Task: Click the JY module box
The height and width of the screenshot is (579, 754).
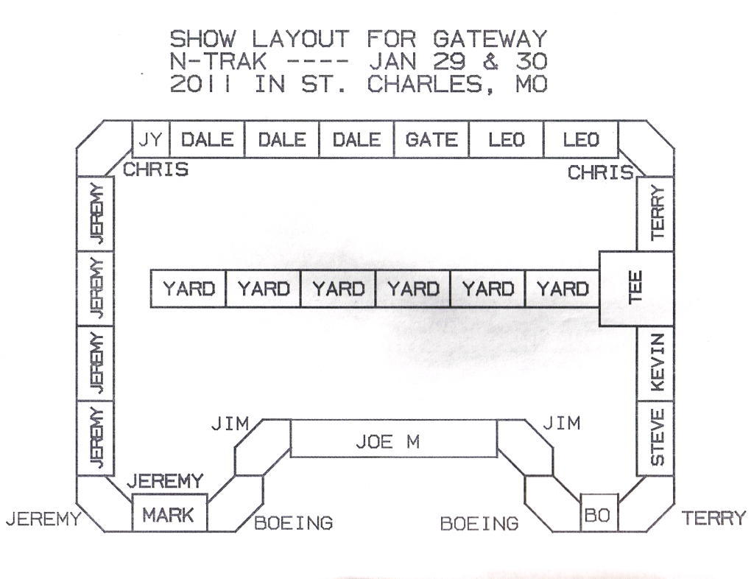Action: [x=151, y=139]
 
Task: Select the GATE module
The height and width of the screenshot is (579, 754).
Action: [x=431, y=139]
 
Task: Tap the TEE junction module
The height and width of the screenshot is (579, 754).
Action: [x=636, y=288]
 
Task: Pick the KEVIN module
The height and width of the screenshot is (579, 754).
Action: [x=655, y=363]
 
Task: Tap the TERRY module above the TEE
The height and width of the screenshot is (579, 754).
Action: [x=655, y=214]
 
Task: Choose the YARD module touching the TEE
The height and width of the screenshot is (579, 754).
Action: [x=562, y=289]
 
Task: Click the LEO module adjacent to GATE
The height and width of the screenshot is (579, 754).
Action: [x=506, y=139]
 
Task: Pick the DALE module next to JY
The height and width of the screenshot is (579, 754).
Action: [x=207, y=139]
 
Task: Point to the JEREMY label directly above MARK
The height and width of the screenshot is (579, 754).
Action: [x=165, y=482]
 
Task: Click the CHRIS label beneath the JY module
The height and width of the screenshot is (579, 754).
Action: [x=155, y=170]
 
